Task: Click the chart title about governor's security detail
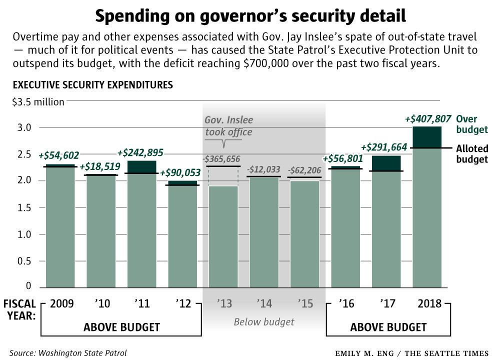coord(250,16)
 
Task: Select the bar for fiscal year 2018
coord(427,210)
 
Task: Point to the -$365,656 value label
coord(223,158)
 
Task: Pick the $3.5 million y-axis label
coord(38,102)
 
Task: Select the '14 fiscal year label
coord(264,303)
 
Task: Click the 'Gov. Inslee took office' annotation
coord(228,126)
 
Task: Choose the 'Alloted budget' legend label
coord(471,154)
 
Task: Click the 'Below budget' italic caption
coord(264,321)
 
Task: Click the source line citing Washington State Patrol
coord(68,353)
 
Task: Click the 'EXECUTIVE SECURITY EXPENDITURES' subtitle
coord(93,85)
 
